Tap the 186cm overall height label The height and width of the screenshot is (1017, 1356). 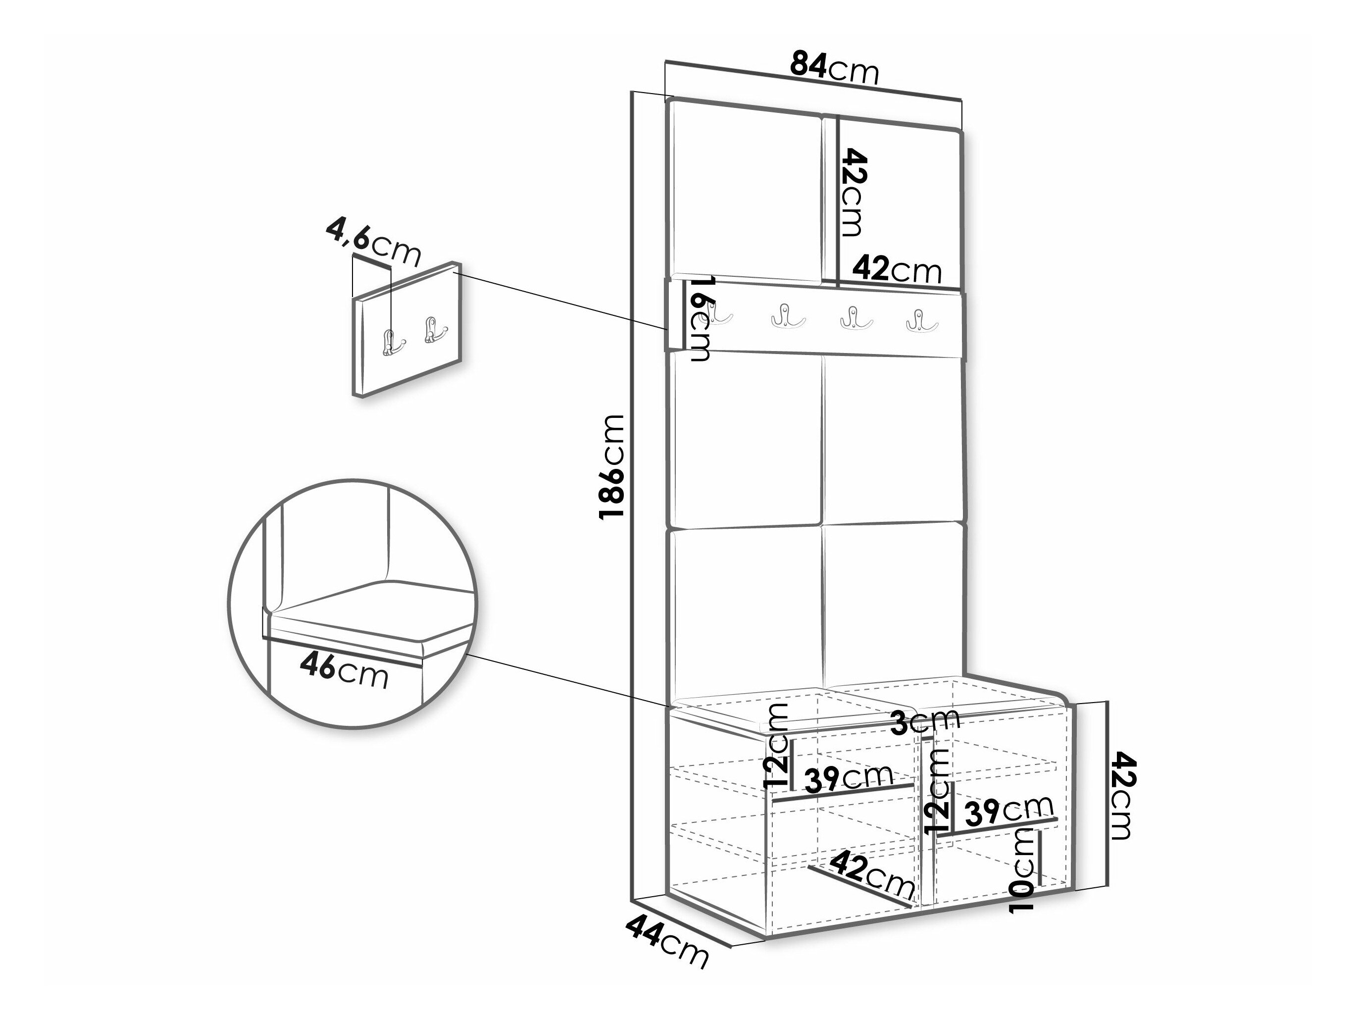click(612, 466)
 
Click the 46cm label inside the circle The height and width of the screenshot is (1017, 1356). click(344, 672)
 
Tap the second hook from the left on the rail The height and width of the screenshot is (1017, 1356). click(788, 316)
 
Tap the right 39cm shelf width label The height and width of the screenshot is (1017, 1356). click(1009, 810)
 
